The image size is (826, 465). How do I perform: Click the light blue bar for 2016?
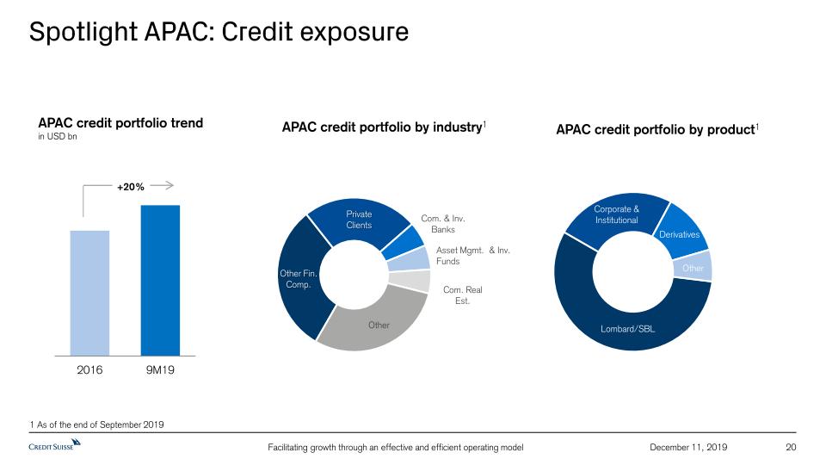pos(89,293)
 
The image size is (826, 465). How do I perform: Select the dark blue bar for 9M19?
pos(160,281)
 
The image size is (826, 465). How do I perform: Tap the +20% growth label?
pos(131,187)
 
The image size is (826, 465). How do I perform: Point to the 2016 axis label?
pos(89,370)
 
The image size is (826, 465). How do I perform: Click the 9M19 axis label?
pos(160,370)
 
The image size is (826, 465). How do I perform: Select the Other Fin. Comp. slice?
pos(298,279)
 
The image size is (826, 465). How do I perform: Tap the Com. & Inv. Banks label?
pos(443,224)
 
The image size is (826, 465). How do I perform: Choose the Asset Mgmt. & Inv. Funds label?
pos(473,256)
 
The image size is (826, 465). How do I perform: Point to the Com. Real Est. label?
pos(463,295)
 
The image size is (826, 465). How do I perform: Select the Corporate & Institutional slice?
pos(616,216)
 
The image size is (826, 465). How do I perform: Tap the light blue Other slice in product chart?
pos(693,267)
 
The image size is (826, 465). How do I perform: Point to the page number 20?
pos(791,447)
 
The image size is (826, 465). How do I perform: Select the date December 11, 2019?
pos(688,447)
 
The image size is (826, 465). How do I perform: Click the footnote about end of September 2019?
pos(97,425)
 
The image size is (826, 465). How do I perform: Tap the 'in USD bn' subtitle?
pos(58,137)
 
